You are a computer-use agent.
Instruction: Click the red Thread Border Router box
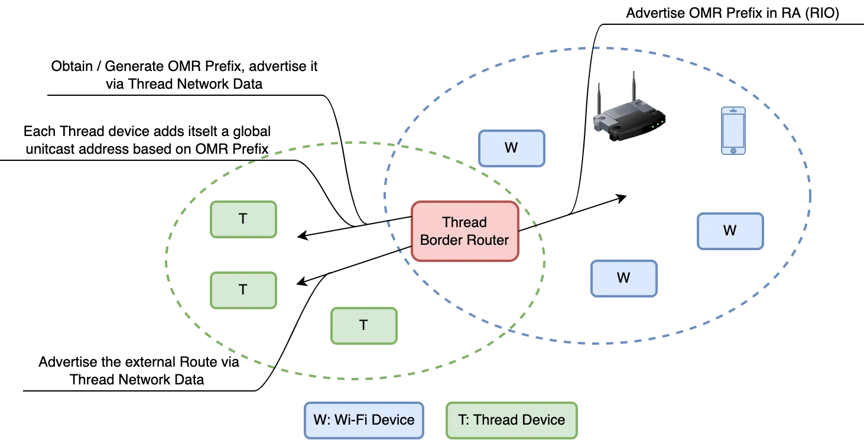(465, 231)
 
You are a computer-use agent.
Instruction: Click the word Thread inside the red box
(465, 222)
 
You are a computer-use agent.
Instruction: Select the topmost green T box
(243, 219)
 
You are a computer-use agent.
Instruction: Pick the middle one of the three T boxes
(243, 290)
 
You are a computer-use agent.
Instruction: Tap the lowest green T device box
(363, 325)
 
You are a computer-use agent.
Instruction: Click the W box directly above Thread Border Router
(511, 148)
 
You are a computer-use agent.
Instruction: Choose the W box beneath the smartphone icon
(730, 231)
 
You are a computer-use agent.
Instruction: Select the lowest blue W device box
(623, 279)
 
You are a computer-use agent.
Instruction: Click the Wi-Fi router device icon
(628, 115)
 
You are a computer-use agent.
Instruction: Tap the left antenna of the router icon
(599, 98)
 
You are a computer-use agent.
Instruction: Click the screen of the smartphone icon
(733, 130)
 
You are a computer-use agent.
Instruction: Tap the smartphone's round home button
(733, 151)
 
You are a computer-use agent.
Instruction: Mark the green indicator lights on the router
(657, 124)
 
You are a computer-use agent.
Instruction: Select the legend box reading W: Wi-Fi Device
(364, 420)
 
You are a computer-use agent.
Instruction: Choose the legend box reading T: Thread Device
(511, 420)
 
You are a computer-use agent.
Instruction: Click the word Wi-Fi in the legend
(349, 420)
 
